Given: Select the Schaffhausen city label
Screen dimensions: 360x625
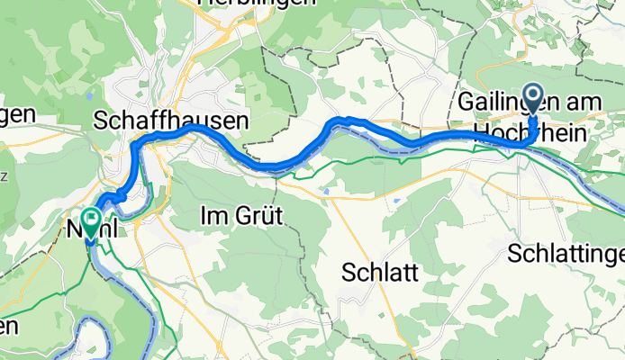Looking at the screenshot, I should coord(158,120).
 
